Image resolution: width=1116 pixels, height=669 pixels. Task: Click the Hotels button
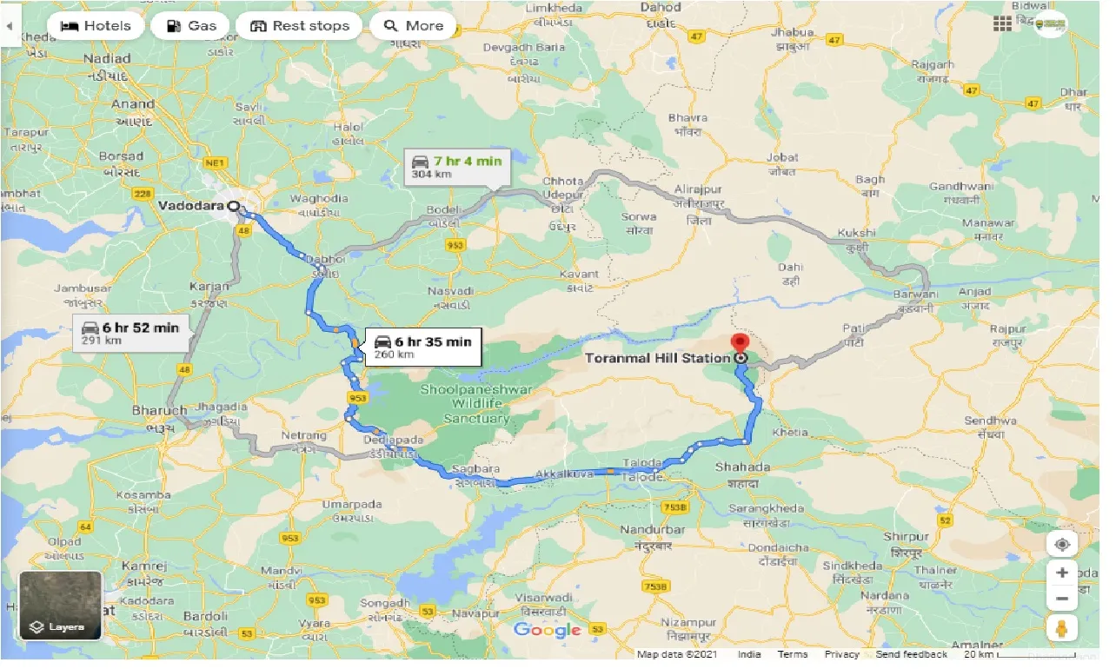[x=95, y=26]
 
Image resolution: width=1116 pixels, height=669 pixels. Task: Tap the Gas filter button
[x=189, y=26]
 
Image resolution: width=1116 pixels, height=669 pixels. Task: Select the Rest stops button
[x=299, y=26]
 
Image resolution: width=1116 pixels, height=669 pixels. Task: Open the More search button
[x=413, y=26]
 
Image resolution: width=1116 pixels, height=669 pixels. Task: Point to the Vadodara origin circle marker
[x=233, y=206]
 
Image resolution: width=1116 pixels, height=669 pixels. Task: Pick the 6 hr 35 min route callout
[x=422, y=347]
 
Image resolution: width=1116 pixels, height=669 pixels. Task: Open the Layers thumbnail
[x=60, y=605]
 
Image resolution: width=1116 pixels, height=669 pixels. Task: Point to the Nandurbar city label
[x=653, y=529]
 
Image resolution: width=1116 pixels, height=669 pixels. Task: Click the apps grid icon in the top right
[x=1002, y=23]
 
